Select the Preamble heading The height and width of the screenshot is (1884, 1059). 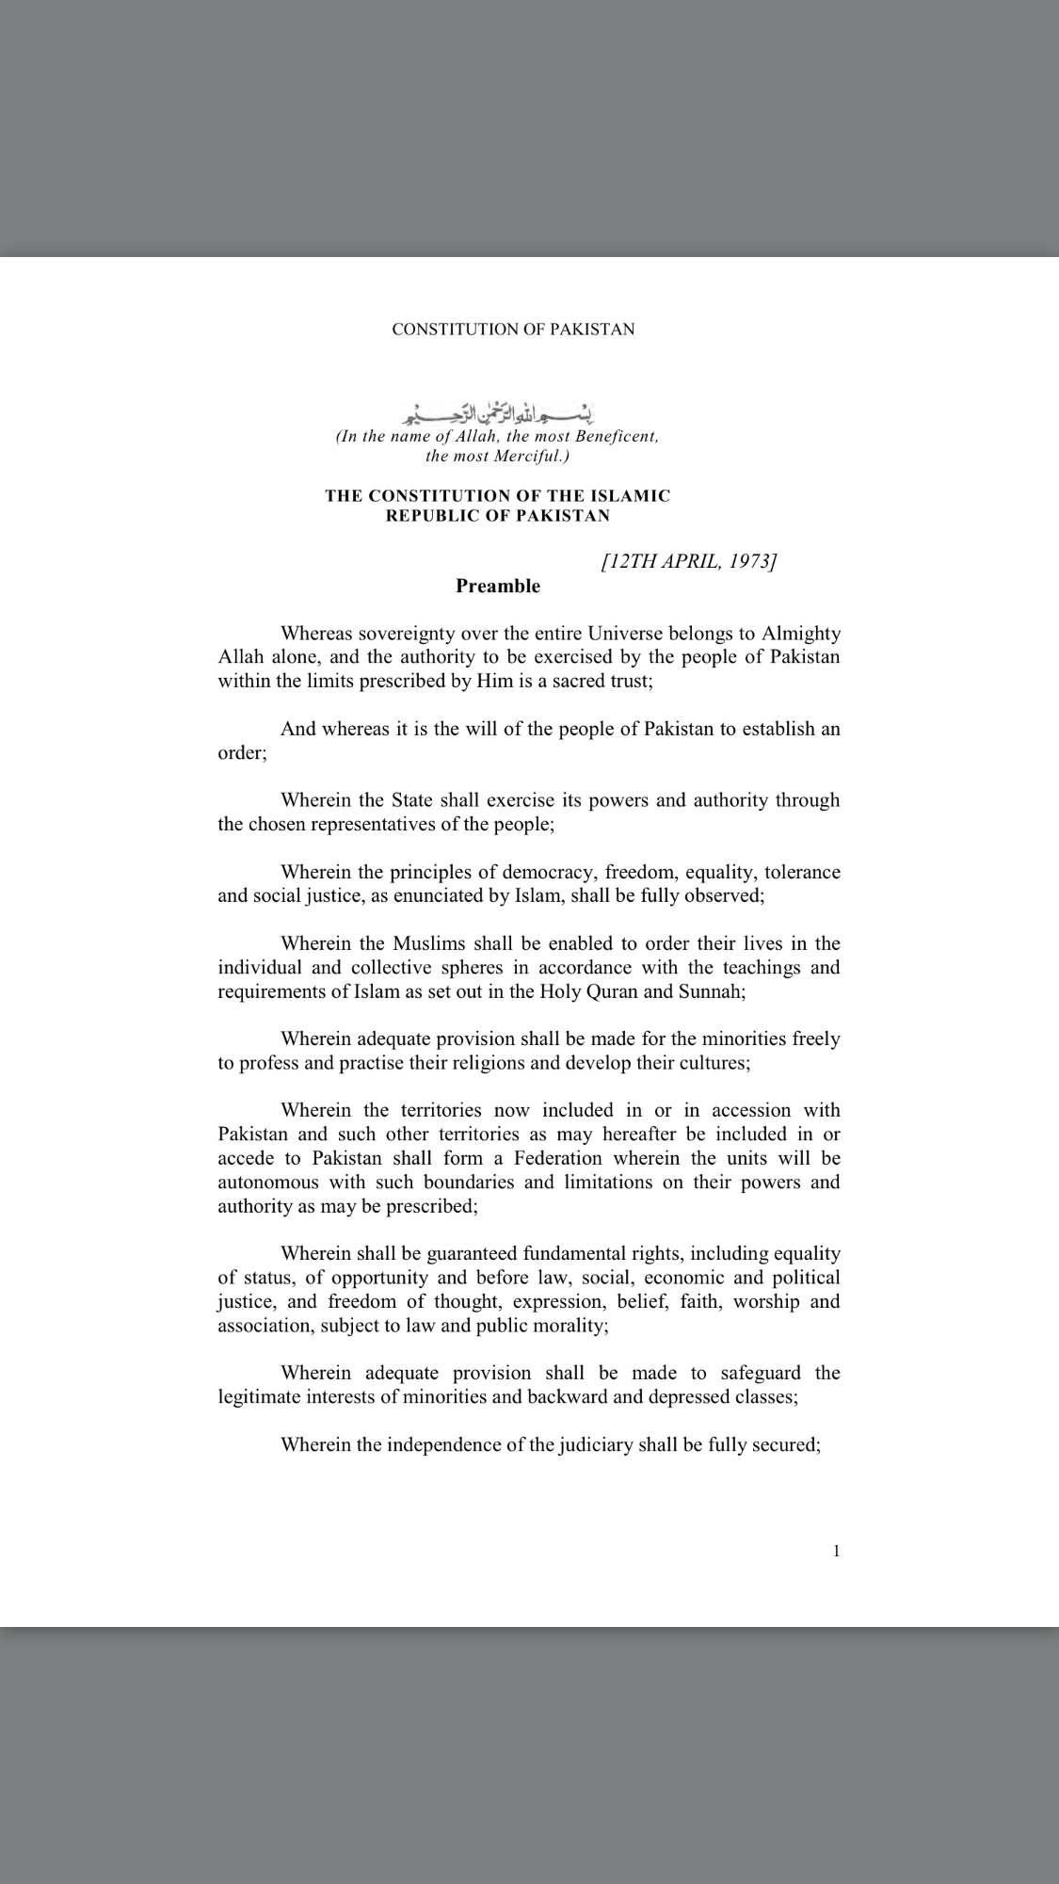[x=498, y=587]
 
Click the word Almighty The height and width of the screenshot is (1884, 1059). [x=800, y=634]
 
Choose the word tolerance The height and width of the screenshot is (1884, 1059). [x=802, y=872]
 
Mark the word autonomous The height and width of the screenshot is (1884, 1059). [x=268, y=1183]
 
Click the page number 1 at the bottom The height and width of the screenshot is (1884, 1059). [x=836, y=1552]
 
